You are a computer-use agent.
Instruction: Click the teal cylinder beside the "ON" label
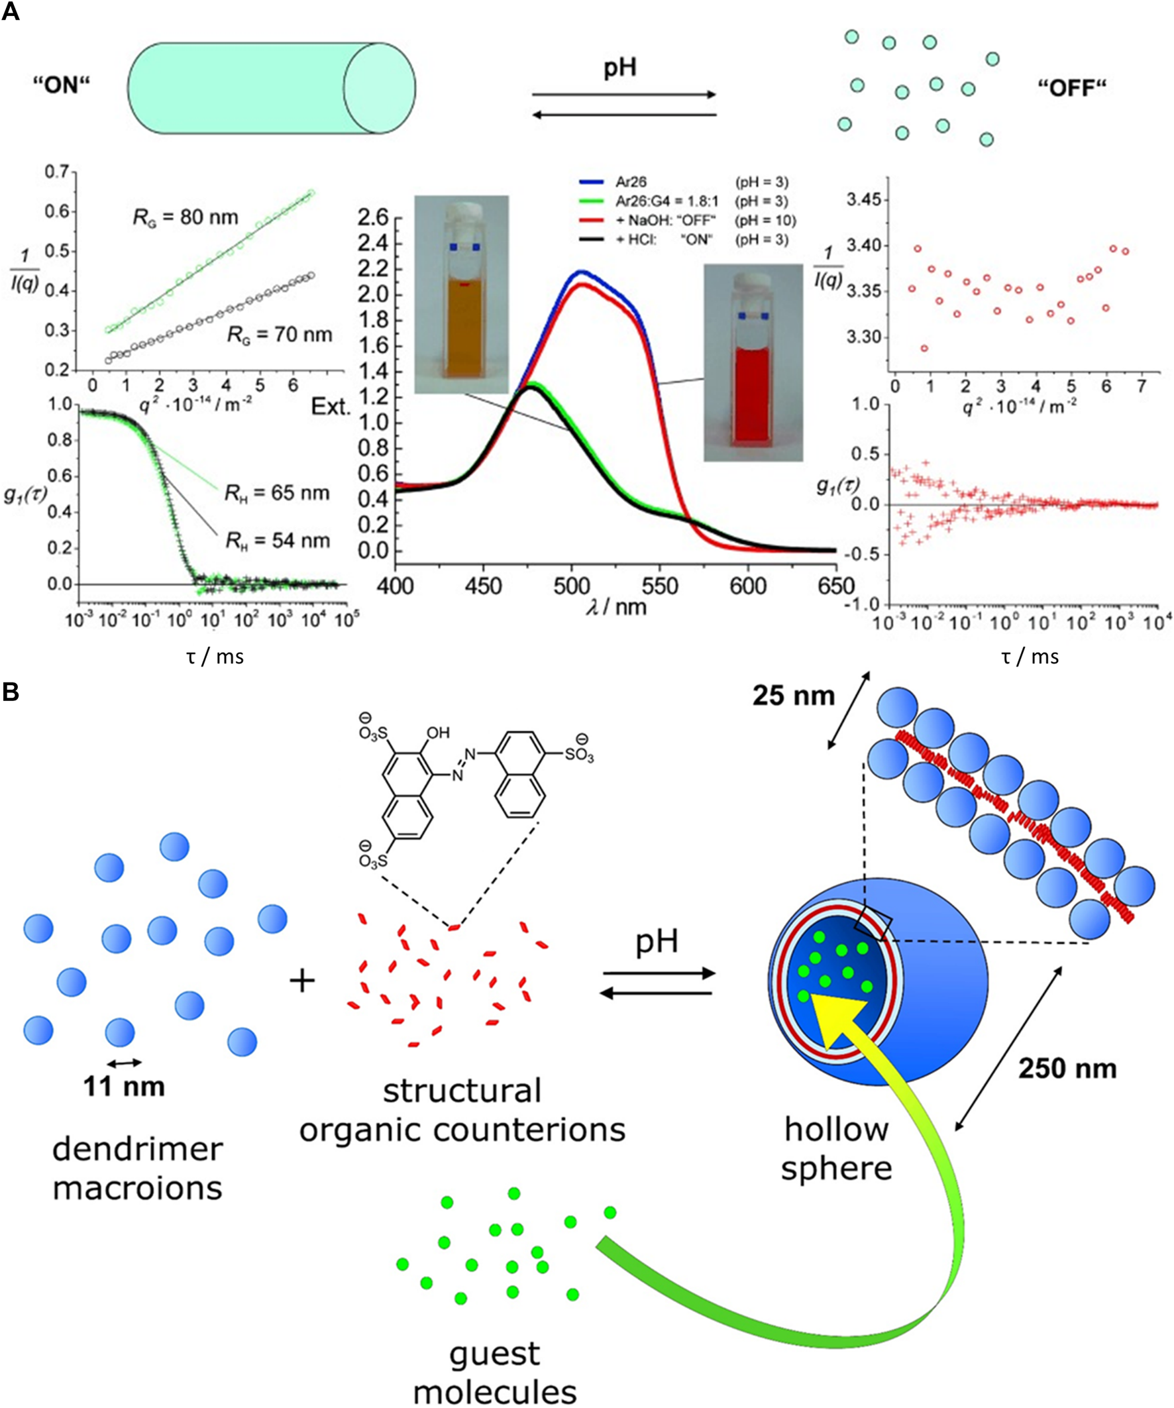point(268,88)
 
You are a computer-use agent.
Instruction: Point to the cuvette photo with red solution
point(753,362)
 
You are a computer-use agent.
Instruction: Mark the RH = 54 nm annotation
point(277,541)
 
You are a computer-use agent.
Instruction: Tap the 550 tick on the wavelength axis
point(660,586)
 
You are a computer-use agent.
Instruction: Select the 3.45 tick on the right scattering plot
point(862,200)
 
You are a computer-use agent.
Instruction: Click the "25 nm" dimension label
point(793,696)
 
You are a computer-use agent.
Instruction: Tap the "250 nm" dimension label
point(1067,1068)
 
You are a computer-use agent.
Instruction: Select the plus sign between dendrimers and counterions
point(302,981)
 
